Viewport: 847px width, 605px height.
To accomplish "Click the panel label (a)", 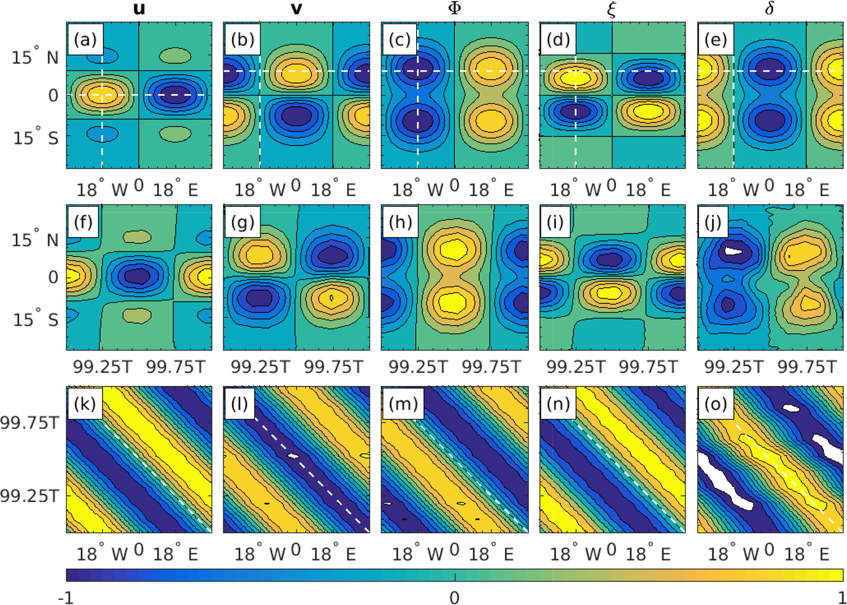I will coord(85,40).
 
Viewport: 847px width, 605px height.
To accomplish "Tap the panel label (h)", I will coord(400,222).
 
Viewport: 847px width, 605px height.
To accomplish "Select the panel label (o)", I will coord(715,404).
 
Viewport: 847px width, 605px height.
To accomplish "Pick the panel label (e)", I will coord(715,40).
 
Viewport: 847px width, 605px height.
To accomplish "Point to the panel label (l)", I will coord(239,404).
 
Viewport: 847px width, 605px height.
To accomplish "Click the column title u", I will coord(139,9).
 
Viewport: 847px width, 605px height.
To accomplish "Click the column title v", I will coord(296,9).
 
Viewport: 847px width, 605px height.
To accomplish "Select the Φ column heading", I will coord(454,9).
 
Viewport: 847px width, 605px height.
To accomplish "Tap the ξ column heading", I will coord(611,9).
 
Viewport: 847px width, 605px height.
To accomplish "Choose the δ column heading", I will coord(770,9).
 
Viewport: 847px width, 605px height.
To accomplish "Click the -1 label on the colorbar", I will coord(66,598).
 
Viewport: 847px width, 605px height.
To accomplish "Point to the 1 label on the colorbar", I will coord(840,598).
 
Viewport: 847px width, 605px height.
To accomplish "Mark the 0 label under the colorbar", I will coord(454,598).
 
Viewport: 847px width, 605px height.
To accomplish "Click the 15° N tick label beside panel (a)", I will coord(35,57).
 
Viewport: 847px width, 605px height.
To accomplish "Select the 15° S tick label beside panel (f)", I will coord(36,319).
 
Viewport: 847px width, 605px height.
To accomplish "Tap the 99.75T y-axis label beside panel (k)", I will coord(30,423).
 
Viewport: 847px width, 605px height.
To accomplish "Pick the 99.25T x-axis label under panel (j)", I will coord(733,367).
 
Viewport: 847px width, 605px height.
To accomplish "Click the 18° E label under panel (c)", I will coord(491,190).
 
